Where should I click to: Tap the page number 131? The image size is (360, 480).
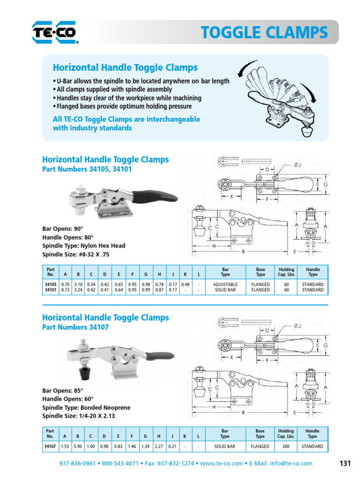[x=345, y=463]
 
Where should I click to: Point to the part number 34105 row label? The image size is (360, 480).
[x=51, y=284]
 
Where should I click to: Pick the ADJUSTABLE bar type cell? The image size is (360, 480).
[x=225, y=284]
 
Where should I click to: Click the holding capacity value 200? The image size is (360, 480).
[x=286, y=446]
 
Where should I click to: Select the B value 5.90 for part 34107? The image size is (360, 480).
[x=78, y=446]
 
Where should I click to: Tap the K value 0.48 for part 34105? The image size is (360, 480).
[x=185, y=284]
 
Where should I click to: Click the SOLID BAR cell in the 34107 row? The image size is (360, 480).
[x=225, y=446]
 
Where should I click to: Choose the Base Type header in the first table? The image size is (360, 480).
[x=260, y=272]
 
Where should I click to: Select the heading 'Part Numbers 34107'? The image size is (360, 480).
[x=75, y=328]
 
